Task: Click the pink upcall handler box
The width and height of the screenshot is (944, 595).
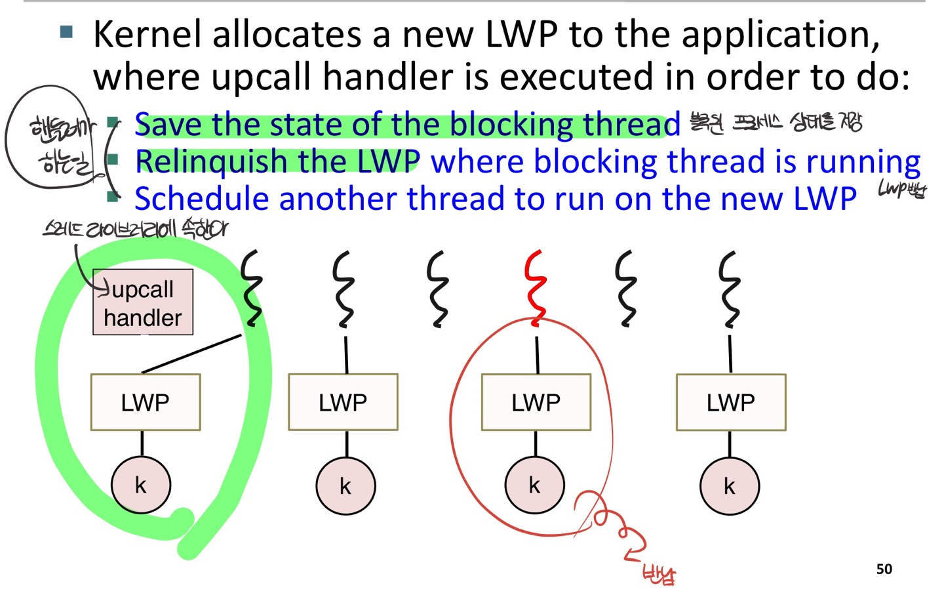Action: (x=143, y=302)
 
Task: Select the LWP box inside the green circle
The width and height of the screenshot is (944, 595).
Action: (x=146, y=402)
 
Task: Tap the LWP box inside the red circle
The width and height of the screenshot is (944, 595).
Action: (x=536, y=402)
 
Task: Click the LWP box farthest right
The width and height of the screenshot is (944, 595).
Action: (x=731, y=402)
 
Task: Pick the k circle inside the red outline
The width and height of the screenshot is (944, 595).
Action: (x=534, y=485)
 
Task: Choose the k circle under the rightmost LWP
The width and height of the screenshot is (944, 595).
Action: (x=730, y=486)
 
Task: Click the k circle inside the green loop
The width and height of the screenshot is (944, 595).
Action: (x=141, y=485)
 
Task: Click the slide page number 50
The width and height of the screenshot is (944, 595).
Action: (x=884, y=569)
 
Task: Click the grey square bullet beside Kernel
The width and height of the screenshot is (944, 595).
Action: (x=66, y=31)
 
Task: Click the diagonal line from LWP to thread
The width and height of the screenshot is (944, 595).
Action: (x=191, y=354)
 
